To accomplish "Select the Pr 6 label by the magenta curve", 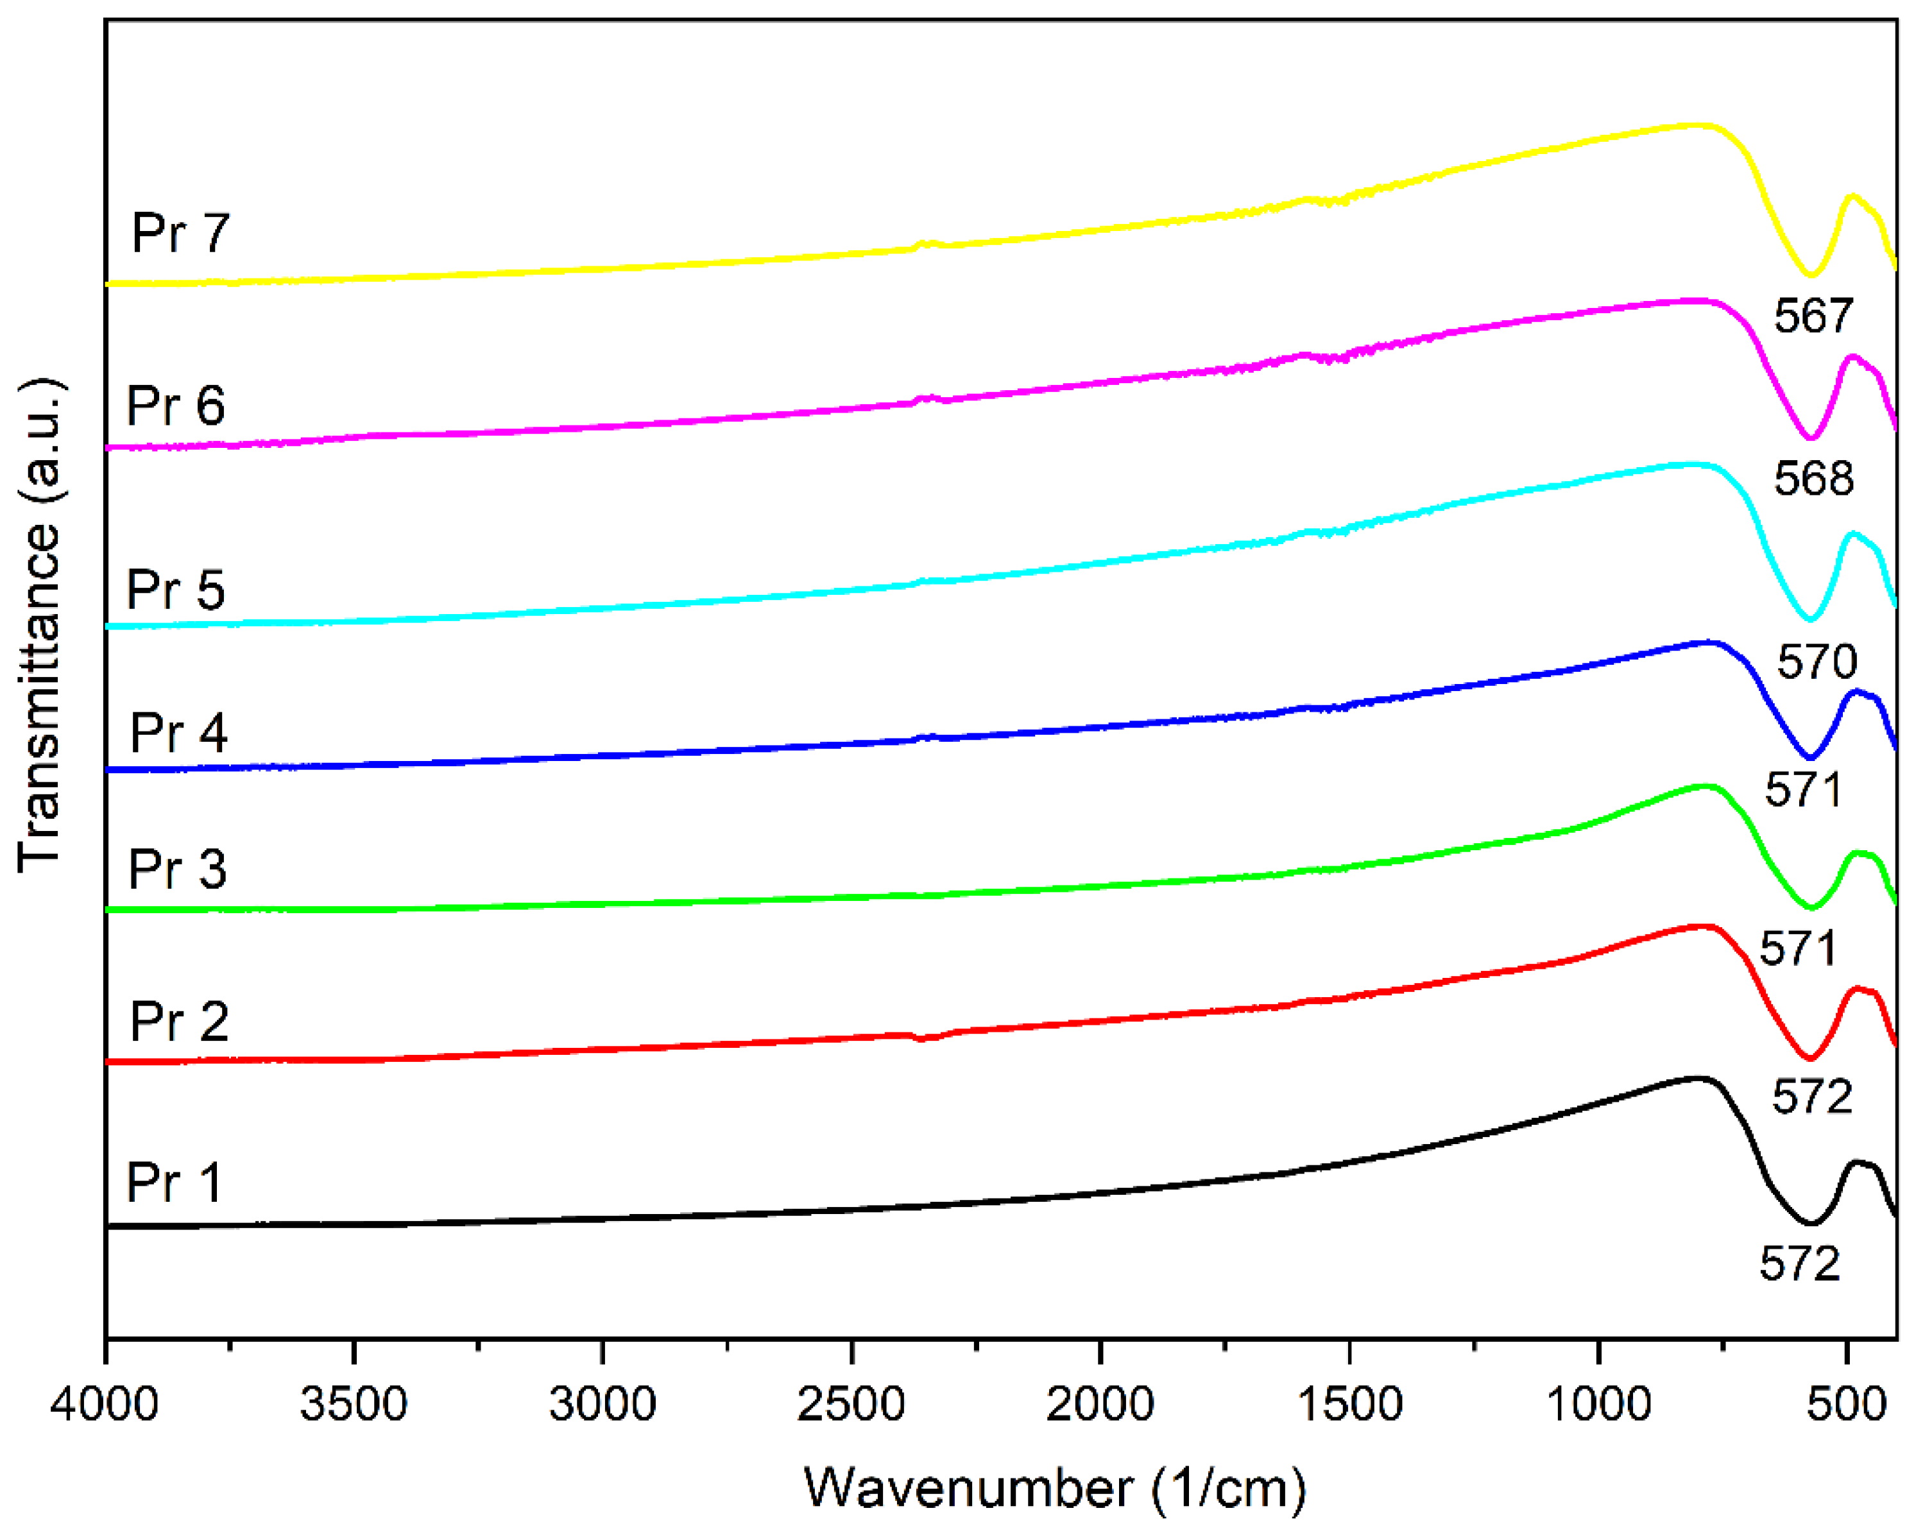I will coord(176,406).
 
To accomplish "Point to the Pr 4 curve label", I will coord(178,733).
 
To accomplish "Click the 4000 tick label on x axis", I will coord(104,1405).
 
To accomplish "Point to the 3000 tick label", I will coord(603,1405).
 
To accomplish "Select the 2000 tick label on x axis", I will coord(1100,1405).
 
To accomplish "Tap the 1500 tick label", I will coord(1349,1405).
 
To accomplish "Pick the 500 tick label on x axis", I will coord(1847,1405).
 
